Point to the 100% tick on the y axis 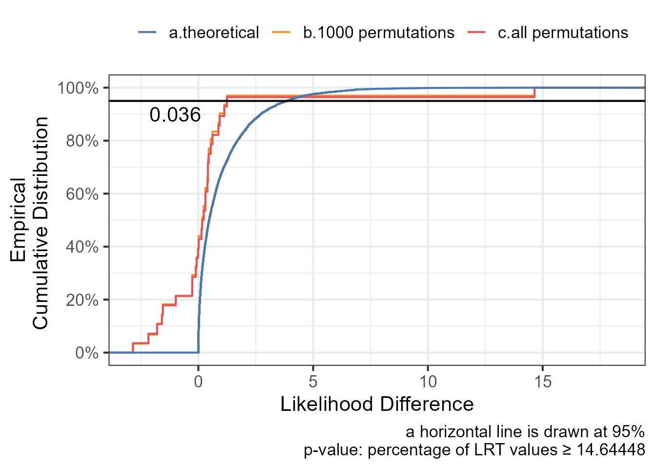[78, 88]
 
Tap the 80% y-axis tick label [82, 141]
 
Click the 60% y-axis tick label [82, 194]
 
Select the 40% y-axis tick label [82, 247]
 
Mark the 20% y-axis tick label [82, 300]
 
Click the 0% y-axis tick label [87, 353]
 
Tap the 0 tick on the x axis [198, 382]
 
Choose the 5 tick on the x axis [313, 382]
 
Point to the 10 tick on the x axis [428, 382]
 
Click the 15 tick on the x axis [543, 382]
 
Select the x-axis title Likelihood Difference [377, 405]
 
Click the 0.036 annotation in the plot [175, 115]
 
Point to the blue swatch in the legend [147, 33]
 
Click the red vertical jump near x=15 [535, 93]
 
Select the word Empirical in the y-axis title [18, 220]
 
